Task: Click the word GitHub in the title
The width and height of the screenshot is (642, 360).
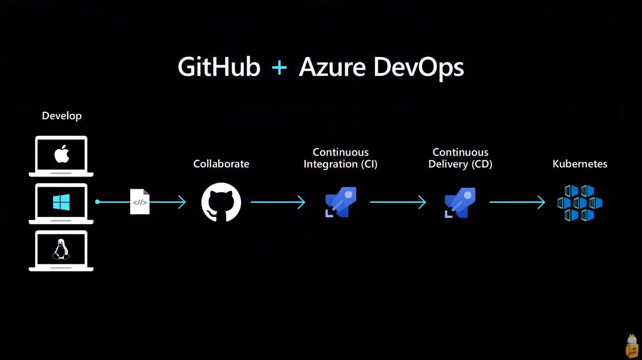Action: [219, 67]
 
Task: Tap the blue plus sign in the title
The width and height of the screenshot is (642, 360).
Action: [279, 67]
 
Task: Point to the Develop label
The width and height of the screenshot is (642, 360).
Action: [62, 116]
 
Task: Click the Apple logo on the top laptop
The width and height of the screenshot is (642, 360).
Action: [61, 155]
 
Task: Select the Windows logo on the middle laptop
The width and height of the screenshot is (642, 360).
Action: [61, 202]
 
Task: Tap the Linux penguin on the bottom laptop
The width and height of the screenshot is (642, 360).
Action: [61, 249]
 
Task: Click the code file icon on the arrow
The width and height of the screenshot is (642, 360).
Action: [140, 202]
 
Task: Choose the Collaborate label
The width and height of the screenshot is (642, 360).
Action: [221, 164]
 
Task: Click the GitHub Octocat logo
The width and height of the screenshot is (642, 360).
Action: [221, 202]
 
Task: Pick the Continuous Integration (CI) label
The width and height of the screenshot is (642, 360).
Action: [340, 158]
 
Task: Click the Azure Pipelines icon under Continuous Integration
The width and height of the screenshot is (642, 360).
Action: [341, 202]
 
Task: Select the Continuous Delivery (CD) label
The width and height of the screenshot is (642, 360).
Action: [460, 158]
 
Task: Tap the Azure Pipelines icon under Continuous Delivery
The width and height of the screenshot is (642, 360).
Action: [460, 202]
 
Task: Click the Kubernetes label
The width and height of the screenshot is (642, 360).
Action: [580, 164]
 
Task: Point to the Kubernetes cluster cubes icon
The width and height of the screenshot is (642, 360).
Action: [579, 203]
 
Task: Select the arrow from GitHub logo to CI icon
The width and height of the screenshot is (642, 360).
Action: [278, 202]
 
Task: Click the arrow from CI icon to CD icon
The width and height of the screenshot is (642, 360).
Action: [398, 202]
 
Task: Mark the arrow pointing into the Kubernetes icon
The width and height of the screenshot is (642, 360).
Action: [517, 202]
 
